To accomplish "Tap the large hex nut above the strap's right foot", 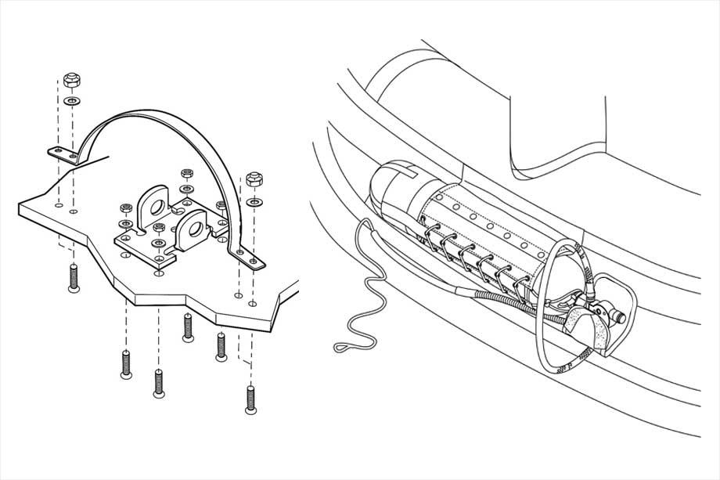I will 253,179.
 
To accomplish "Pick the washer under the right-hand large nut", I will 253,201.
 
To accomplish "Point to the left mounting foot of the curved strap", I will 63,153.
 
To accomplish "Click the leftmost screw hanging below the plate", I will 74,277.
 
